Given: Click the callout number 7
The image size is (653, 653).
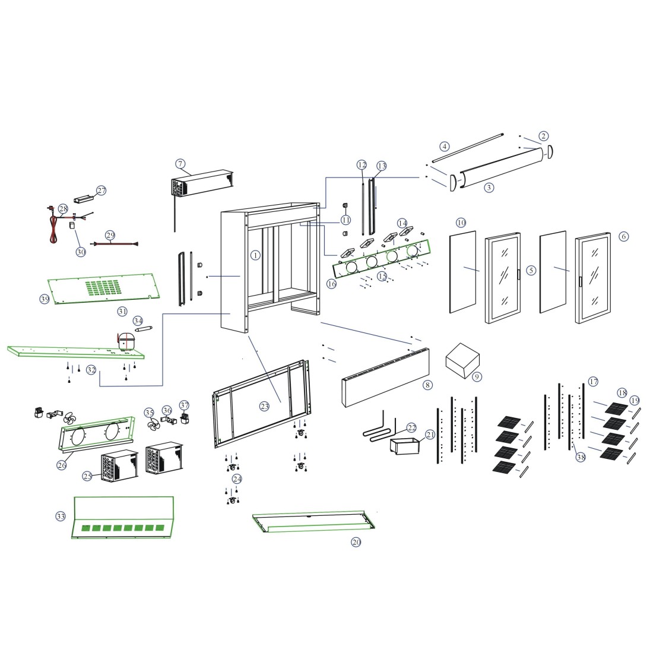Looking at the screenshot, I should click(181, 163).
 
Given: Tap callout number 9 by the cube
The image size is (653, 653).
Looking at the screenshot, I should click(478, 376).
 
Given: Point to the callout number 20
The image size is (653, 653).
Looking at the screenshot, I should click(356, 541).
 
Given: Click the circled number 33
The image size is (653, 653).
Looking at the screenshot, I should click(61, 516).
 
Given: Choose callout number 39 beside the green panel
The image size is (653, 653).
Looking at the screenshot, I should click(45, 299).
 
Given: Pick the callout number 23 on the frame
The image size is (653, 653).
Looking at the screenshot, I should click(265, 406).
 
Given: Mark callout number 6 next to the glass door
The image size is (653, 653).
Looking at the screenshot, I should click(623, 236).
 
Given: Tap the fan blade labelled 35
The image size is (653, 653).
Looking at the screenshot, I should click(152, 425).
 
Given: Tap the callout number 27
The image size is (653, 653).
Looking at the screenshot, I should click(102, 191).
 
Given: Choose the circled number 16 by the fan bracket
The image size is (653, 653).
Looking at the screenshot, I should click(331, 284).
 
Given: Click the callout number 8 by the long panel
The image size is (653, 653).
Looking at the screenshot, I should click(427, 385).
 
